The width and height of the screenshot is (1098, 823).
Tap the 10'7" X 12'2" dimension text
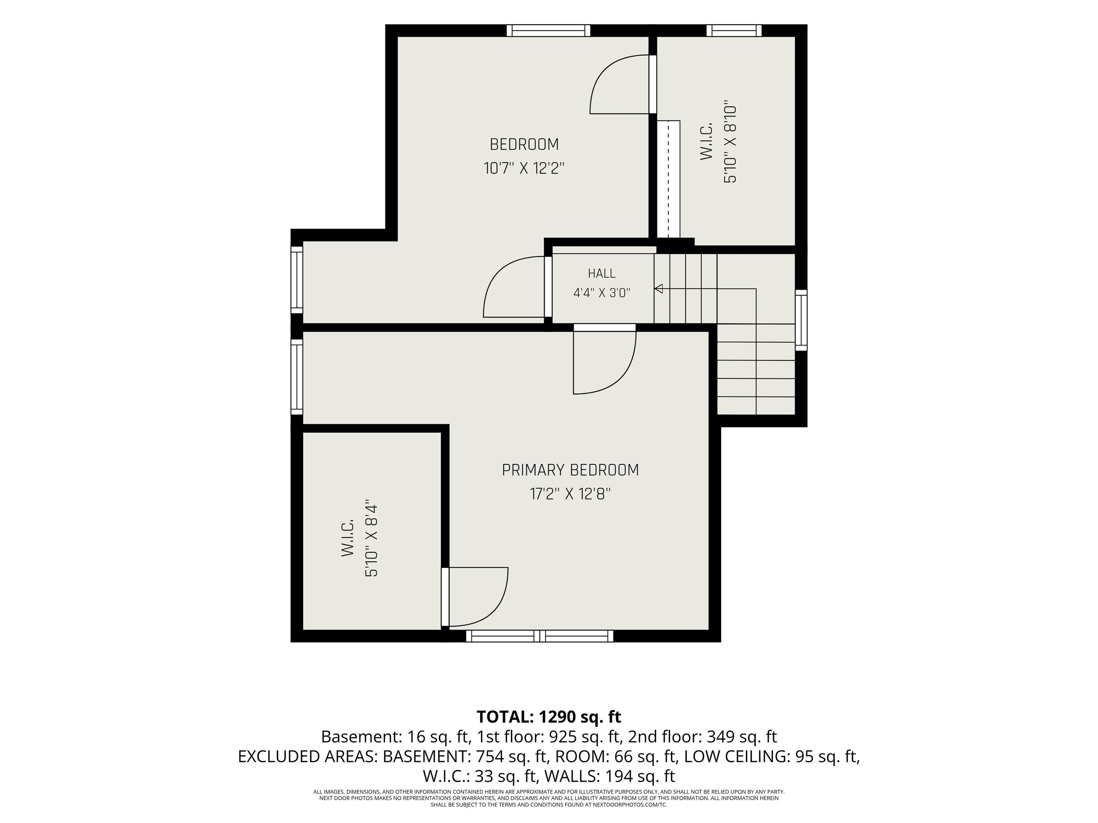point(524,169)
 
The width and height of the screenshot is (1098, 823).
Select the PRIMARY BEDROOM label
point(570,470)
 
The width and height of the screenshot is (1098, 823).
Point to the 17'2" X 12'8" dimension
point(570,494)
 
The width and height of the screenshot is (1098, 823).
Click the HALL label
point(602,273)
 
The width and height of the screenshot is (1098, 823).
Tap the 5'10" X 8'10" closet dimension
point(730,144)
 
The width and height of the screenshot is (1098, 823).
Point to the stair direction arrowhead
point(659,289)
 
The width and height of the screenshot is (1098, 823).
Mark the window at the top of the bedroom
point(549,31)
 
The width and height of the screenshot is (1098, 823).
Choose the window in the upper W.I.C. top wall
point(734,31)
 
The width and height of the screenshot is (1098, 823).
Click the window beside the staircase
point(801,320)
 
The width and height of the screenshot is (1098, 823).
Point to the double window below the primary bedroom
point(540,636)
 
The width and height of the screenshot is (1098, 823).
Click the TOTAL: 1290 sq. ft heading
point(549,717)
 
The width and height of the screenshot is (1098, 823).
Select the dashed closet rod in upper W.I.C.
point(669,179)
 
